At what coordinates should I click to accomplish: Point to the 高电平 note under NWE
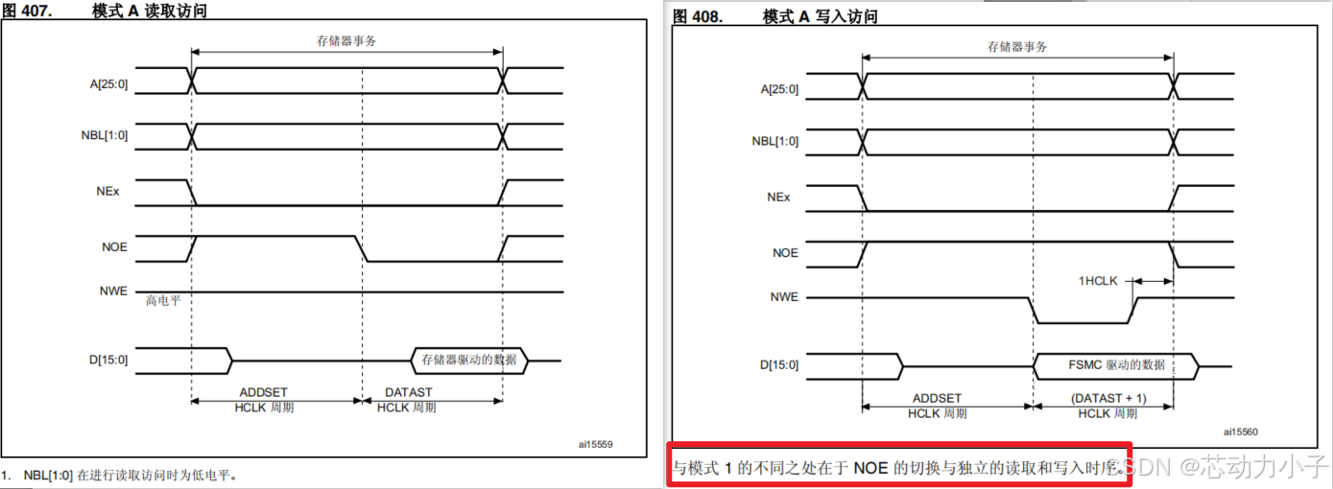pos(163,300)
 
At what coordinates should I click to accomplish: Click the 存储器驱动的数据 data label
pos(469,361)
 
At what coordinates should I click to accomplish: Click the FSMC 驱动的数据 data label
pos(1116,365)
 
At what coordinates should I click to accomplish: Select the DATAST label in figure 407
pos(408,392)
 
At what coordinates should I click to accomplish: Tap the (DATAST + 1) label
pos(1107,398)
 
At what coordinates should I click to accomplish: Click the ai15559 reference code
pos(595,445)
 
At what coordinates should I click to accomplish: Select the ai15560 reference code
pos(1241,432)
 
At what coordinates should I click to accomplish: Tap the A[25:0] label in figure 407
pos(108,81)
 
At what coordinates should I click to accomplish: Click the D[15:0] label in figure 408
pos(779,365)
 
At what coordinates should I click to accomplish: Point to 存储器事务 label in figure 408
pos(1017,46)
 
